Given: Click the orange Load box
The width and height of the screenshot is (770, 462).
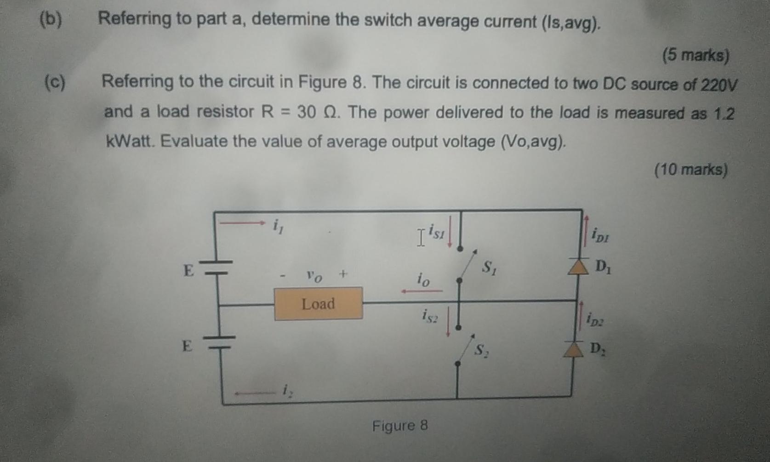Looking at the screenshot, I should [318, 304].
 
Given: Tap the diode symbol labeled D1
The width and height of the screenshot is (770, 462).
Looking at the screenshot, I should [578, 267].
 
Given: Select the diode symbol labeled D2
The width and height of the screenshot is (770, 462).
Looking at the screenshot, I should [573, 349].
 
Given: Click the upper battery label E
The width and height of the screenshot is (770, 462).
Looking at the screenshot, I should [188, 270].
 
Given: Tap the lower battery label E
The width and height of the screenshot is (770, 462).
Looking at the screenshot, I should [187, 345].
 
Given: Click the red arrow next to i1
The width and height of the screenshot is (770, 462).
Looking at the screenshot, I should [242, 223].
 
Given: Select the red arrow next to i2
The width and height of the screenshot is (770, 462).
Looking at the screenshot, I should [254, 393].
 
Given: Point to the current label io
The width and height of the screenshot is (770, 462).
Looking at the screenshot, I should [423, 279].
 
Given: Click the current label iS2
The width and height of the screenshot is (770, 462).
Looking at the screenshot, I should [430, 315].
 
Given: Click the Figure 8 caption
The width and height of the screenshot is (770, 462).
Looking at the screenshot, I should [399, 426].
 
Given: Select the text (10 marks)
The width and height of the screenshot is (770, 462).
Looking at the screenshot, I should [690, 170].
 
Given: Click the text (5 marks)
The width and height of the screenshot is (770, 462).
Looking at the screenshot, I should [696, 56].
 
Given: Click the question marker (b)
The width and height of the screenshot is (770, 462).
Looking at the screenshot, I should [51, 20].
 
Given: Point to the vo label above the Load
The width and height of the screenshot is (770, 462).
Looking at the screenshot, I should [314, 277].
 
